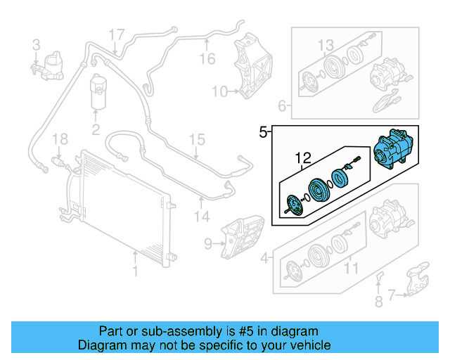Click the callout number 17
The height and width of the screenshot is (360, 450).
coord(117,34)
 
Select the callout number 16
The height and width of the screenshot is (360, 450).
coord(207,59)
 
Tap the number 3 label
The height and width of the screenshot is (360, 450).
coord(36,46)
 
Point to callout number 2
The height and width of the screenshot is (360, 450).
coord(96,129)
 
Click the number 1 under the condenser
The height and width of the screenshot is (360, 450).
coord(136,270)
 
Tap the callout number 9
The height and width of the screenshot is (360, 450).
coord(208,244)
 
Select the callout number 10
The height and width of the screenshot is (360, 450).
coord(220,91)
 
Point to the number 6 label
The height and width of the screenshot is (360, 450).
coord(282,107)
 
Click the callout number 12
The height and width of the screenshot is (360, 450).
coord(302,157)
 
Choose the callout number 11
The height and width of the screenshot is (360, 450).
coord(350,267)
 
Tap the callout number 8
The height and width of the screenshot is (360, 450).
coord(378,303)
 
